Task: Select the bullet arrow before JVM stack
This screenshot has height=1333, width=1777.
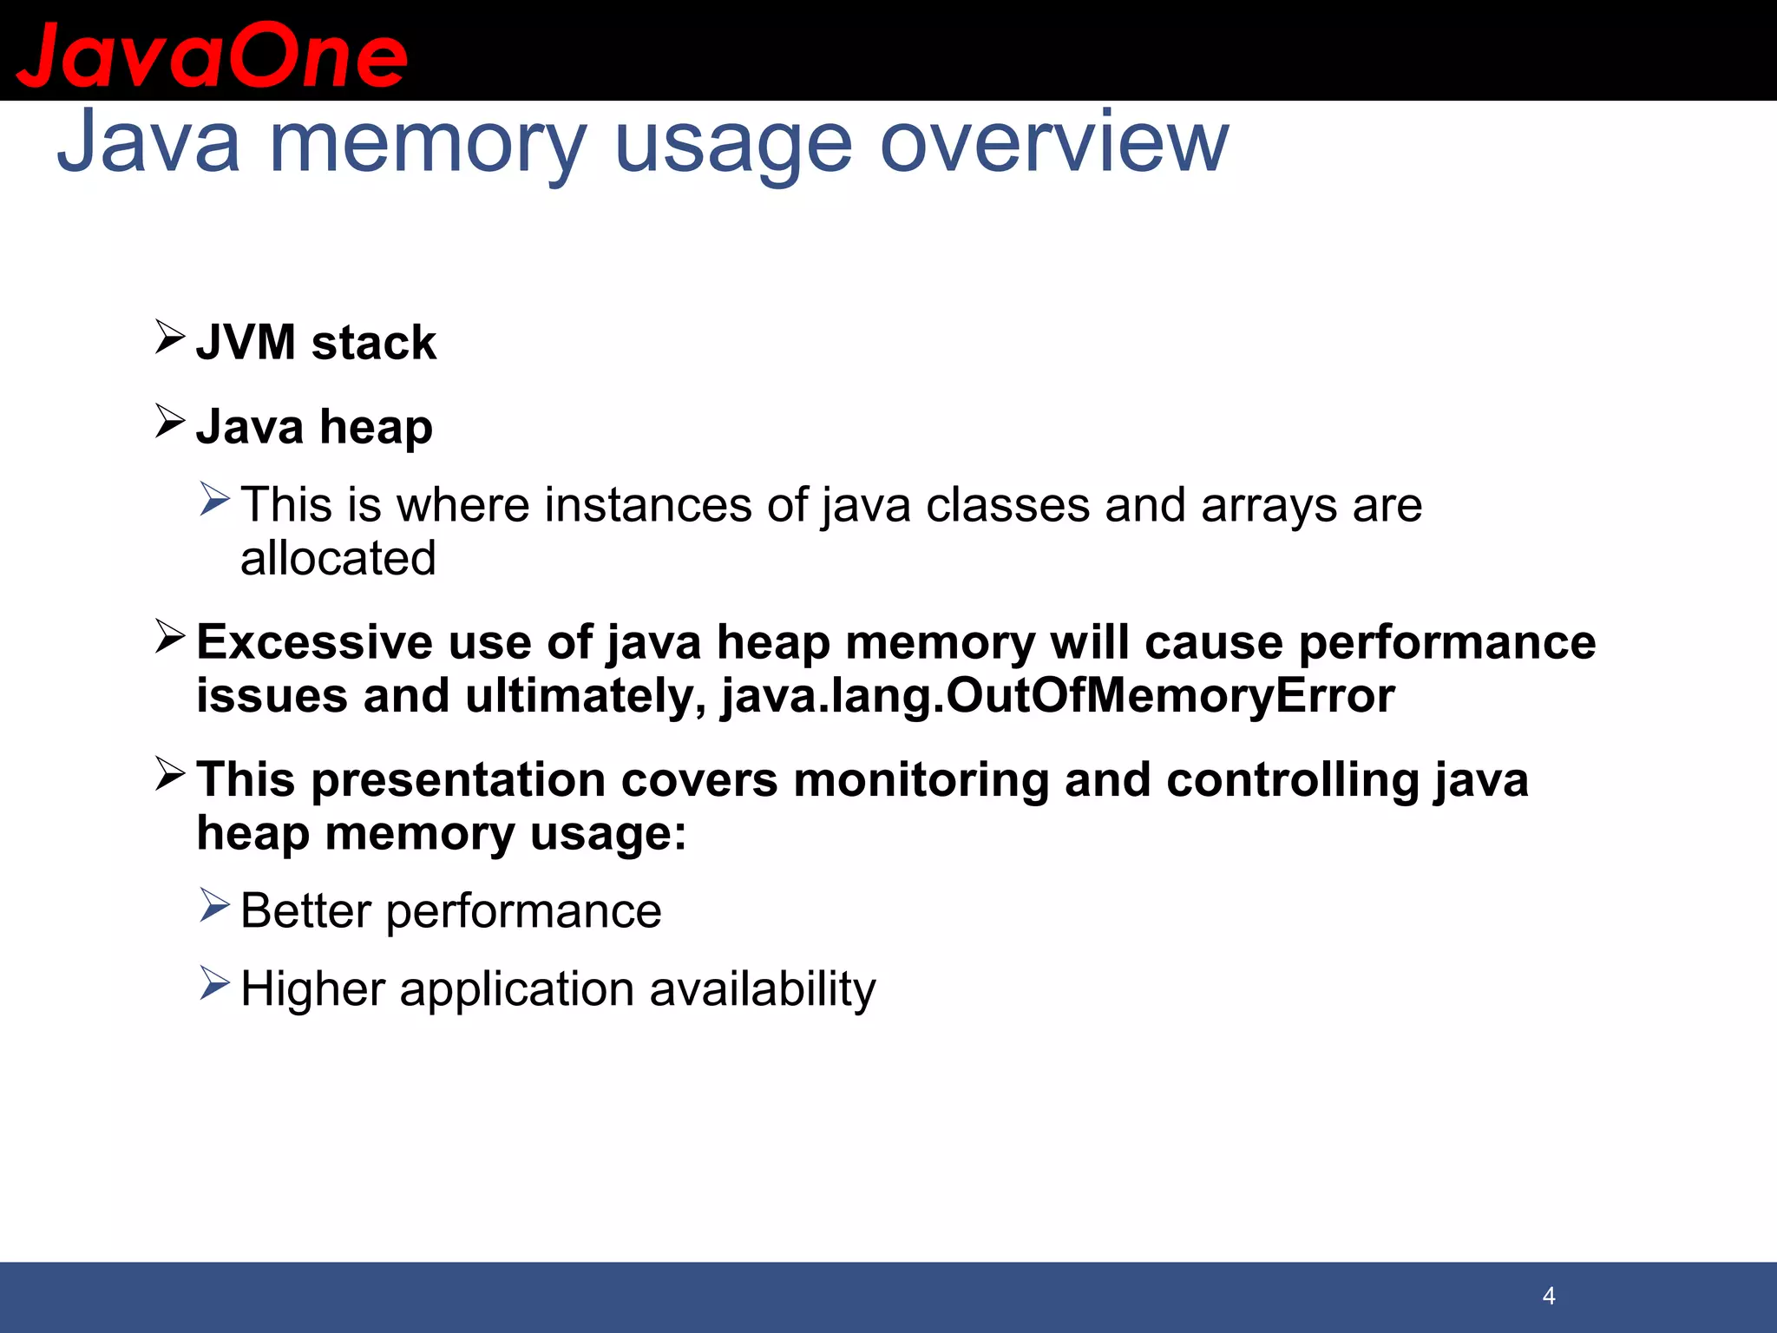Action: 169,337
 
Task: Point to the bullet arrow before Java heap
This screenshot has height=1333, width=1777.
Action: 169,421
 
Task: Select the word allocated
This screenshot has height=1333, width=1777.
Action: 338,558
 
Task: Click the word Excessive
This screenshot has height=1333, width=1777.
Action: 314,643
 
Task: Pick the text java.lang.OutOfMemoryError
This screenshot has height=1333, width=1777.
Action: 1058,696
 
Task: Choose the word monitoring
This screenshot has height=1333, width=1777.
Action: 921,779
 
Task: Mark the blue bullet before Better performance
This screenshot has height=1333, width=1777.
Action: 213,905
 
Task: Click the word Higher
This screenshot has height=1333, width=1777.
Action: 312,989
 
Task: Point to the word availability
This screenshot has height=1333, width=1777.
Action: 762,989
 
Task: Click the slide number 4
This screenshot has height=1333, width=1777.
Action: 1549,1296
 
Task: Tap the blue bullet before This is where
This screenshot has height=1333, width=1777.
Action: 213,499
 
